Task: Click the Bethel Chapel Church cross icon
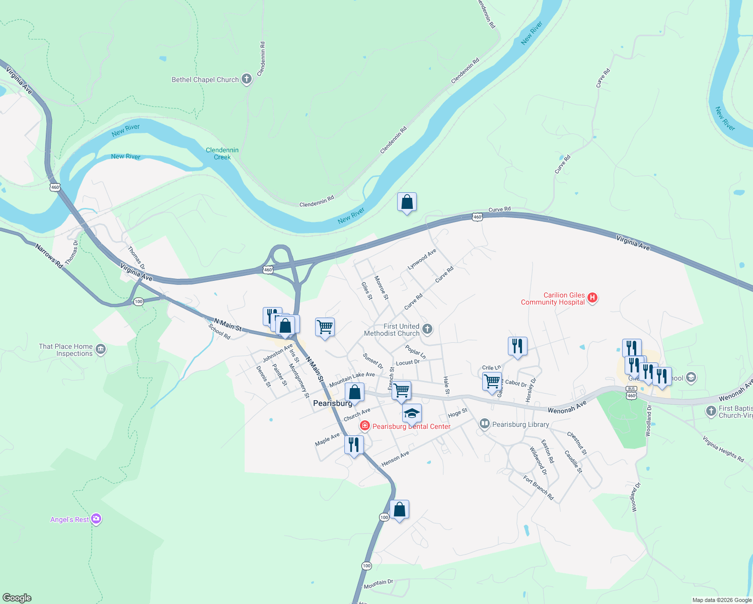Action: [246, 79]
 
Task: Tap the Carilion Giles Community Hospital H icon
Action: [592, 298]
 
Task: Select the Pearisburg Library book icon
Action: [484, 424]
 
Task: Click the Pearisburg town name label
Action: [332, 403]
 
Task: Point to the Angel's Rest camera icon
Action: [96, 519]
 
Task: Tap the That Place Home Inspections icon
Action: [101, 349]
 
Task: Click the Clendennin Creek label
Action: [222, 154]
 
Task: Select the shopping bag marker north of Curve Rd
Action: [407, 202]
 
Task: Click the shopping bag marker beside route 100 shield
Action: [399, 510]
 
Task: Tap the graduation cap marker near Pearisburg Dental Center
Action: [412, 414]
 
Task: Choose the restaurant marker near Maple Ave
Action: [354, 445]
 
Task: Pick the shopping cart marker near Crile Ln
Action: [492, 382]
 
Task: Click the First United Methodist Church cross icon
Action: [427, 329]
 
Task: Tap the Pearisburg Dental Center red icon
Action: [365, 426]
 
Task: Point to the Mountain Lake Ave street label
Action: [352, 379]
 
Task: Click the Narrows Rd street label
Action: [49, 256]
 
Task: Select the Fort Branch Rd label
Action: [538, 488]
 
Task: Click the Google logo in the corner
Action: [17, 598]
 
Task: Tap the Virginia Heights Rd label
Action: [723, 449]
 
